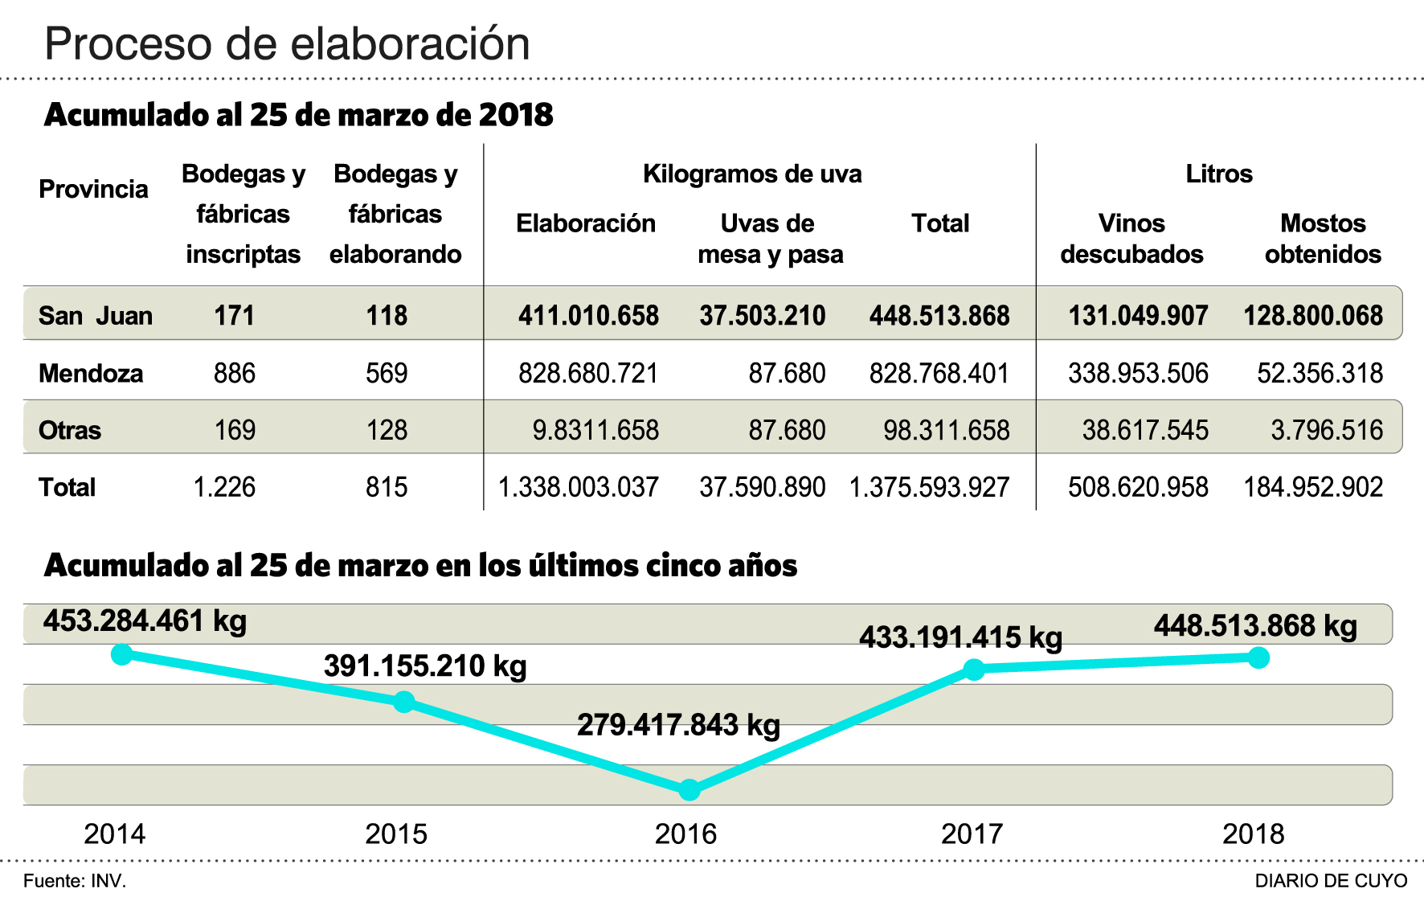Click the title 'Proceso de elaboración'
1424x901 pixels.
(x=287, y=44)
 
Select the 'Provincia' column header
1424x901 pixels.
(x=93, y=190)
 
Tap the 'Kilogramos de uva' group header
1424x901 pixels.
(x=752, y=174)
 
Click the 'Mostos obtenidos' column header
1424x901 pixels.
(x=1323, y=238)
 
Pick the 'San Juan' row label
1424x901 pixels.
(x=95, y=316)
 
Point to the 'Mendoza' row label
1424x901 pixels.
(x=91, y=374)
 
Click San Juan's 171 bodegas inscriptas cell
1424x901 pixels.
(x=235, y=316)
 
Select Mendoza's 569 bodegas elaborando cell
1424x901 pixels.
(x=387, y=374)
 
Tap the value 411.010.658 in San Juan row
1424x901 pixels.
(x=588, y=316)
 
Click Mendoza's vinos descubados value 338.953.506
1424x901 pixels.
(x=1138, y=374)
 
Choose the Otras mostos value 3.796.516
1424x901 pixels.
(x=1327, y=431)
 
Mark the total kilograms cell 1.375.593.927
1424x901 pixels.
(x=929, y=488)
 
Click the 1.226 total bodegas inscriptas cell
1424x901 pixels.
(x=224, y=488)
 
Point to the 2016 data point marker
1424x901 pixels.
(x=689, y=790)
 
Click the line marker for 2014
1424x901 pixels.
(x=121, y=654)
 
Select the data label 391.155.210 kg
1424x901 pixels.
(x=425, y=666)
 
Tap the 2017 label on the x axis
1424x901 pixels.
(x=972, y=834)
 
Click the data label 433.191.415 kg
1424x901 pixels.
(x=960, y=638)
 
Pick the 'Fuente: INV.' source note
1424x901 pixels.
(x=75, y=881)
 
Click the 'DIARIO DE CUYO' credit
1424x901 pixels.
(x=1331, y=881)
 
